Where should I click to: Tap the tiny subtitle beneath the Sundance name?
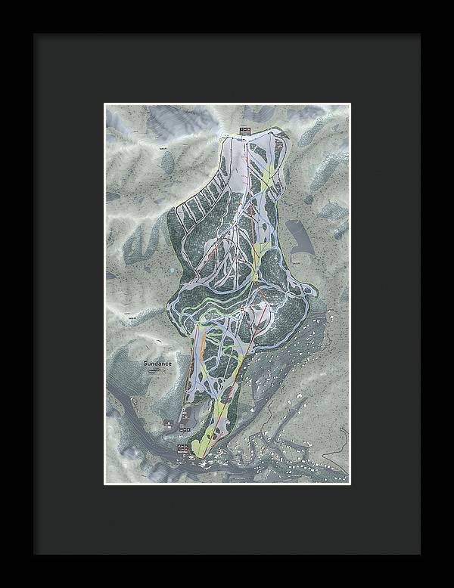click(155, 370)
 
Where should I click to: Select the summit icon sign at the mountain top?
click(244, 130)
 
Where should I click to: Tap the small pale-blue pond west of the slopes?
click(174, 269)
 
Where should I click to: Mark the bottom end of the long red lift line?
click(204, 456)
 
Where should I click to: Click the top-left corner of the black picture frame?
click(33, 33)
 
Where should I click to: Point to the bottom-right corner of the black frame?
click(421, 555)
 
